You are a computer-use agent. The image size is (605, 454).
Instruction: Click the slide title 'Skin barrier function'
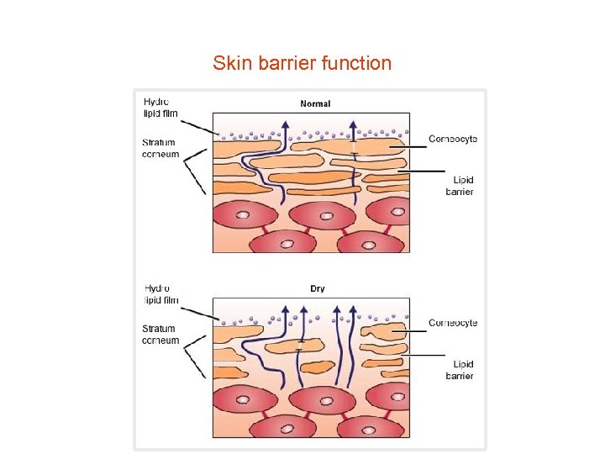[302, 63]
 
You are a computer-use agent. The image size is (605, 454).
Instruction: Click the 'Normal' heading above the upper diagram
[315, 104]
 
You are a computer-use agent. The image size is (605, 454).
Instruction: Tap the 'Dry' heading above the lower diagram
[317, 289]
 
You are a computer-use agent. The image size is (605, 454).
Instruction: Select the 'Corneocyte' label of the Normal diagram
[453, 139]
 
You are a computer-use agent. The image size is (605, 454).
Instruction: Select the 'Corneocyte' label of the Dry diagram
[453, 323]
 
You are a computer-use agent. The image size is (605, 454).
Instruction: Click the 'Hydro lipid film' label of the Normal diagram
[160, 108]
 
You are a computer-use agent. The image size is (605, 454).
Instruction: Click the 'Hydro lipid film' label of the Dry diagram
[160, 294]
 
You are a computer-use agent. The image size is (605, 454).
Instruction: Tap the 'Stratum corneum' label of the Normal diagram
[160, 148]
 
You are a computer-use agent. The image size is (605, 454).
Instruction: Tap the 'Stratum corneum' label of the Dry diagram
[160, 335]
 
